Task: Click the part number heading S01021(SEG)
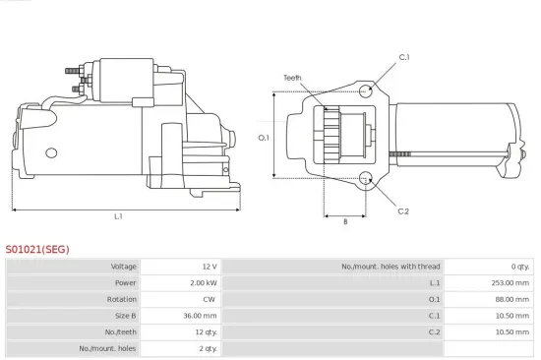pyautogui.click(x=37, y=250)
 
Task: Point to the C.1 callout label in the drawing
pyautogui.click(x=403, y=58)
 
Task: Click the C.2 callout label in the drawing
pyautogui.click(x=403, y=210)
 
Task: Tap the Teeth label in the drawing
pyautogui.click(x=292, y=77)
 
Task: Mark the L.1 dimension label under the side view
pyautogui.click(x=118, y=216)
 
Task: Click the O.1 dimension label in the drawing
pyautogui.click(x=264, y=138)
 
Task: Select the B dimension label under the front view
pyautogui.click(x=344, y=221)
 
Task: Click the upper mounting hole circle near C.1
pyautogui.click(x=366, y=91)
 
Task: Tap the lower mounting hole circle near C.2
pyautogui.click(x=366, y=178)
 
